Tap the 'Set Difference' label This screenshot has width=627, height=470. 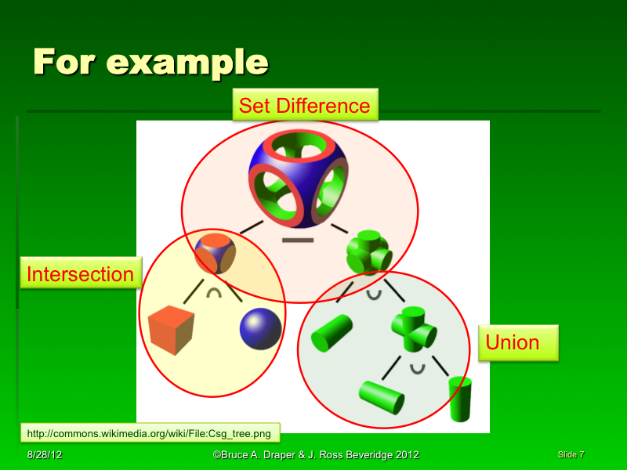[x=304, y=105]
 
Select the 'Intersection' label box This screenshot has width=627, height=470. [x=80, y=274]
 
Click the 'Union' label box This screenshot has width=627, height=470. [x=513, y=342]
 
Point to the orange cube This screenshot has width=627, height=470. [x=171, y=330]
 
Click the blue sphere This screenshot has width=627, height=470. [x=261, y=328]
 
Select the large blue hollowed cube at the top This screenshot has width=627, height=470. [x=297, y=180]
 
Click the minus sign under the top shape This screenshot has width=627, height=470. [x=297, y=240]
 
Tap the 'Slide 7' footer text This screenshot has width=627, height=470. [x=571, y=454]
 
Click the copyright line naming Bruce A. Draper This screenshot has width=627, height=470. [x=316, y=455]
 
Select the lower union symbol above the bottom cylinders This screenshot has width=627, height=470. [x=418, y=367]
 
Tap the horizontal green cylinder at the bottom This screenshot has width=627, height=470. [x=382, y=396]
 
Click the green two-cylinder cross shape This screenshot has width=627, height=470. [x=413, y=328]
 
